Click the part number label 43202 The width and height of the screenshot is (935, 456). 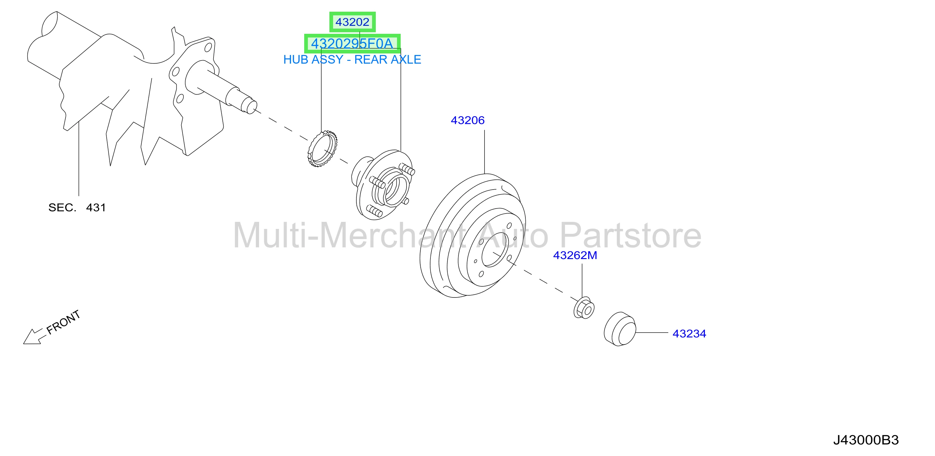352,22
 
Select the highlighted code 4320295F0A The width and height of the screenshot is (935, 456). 352,44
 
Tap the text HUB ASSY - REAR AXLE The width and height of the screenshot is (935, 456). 352,60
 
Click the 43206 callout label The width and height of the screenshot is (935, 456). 468,120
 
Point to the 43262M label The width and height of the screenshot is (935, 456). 575,255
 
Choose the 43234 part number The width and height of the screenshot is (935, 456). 689,334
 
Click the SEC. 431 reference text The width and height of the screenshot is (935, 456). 77,208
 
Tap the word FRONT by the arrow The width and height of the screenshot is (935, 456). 64,322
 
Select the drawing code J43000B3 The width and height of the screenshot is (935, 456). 866,440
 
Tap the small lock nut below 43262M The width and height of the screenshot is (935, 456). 584,308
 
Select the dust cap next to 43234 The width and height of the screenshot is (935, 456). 619,329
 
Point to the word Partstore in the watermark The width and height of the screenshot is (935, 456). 631,236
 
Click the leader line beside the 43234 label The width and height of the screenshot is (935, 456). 652,332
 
